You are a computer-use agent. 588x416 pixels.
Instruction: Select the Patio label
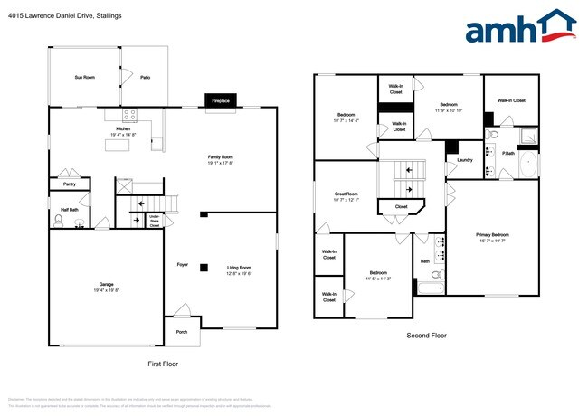145,79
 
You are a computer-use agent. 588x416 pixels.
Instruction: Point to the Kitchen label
123,129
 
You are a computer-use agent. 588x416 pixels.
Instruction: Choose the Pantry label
71,184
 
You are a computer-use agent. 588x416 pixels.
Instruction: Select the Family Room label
221,158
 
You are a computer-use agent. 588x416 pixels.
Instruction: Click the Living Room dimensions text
239,273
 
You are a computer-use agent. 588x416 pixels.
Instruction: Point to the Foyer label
182,265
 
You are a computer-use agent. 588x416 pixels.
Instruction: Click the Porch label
182,332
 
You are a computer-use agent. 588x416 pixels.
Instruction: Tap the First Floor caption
164,363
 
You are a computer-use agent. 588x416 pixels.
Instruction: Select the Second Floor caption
425,336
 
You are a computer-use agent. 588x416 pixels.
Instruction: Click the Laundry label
465,160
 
